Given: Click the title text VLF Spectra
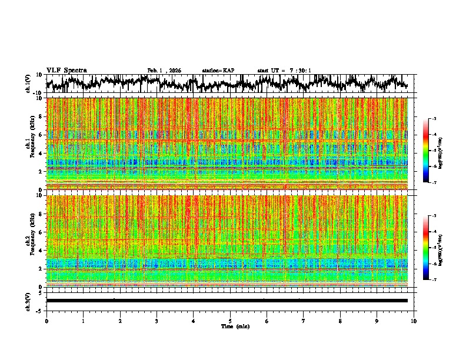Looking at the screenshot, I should tap(66, 71).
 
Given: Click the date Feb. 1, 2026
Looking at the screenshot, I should tap(164, 71).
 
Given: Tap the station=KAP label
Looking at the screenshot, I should tap(218, 71).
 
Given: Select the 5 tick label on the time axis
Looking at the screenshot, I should tap(230, 321).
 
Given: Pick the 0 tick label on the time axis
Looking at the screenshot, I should tap(46, 321).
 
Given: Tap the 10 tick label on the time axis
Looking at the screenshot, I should tap(414, 321).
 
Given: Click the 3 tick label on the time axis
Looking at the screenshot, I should tap(157, 321).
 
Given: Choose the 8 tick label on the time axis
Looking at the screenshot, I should tap(340, 321).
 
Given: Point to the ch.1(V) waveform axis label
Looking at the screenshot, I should tap(29, 84).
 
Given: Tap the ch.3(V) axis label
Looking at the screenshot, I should tap(29, 301).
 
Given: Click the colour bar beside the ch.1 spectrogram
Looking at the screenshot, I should tap(431, 151).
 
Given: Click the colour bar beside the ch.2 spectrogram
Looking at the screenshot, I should tap(431, 248).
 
